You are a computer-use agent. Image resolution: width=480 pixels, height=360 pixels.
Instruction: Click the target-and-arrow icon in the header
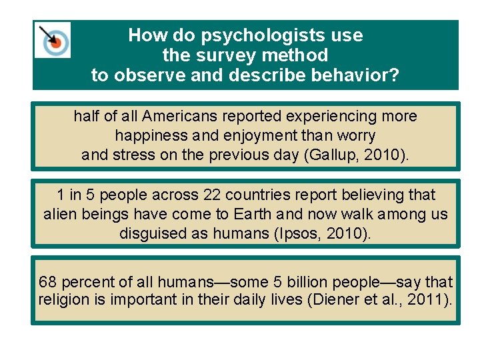53,40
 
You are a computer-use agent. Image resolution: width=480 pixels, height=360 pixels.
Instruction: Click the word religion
65,300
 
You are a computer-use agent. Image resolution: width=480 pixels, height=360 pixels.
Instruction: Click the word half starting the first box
87,117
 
